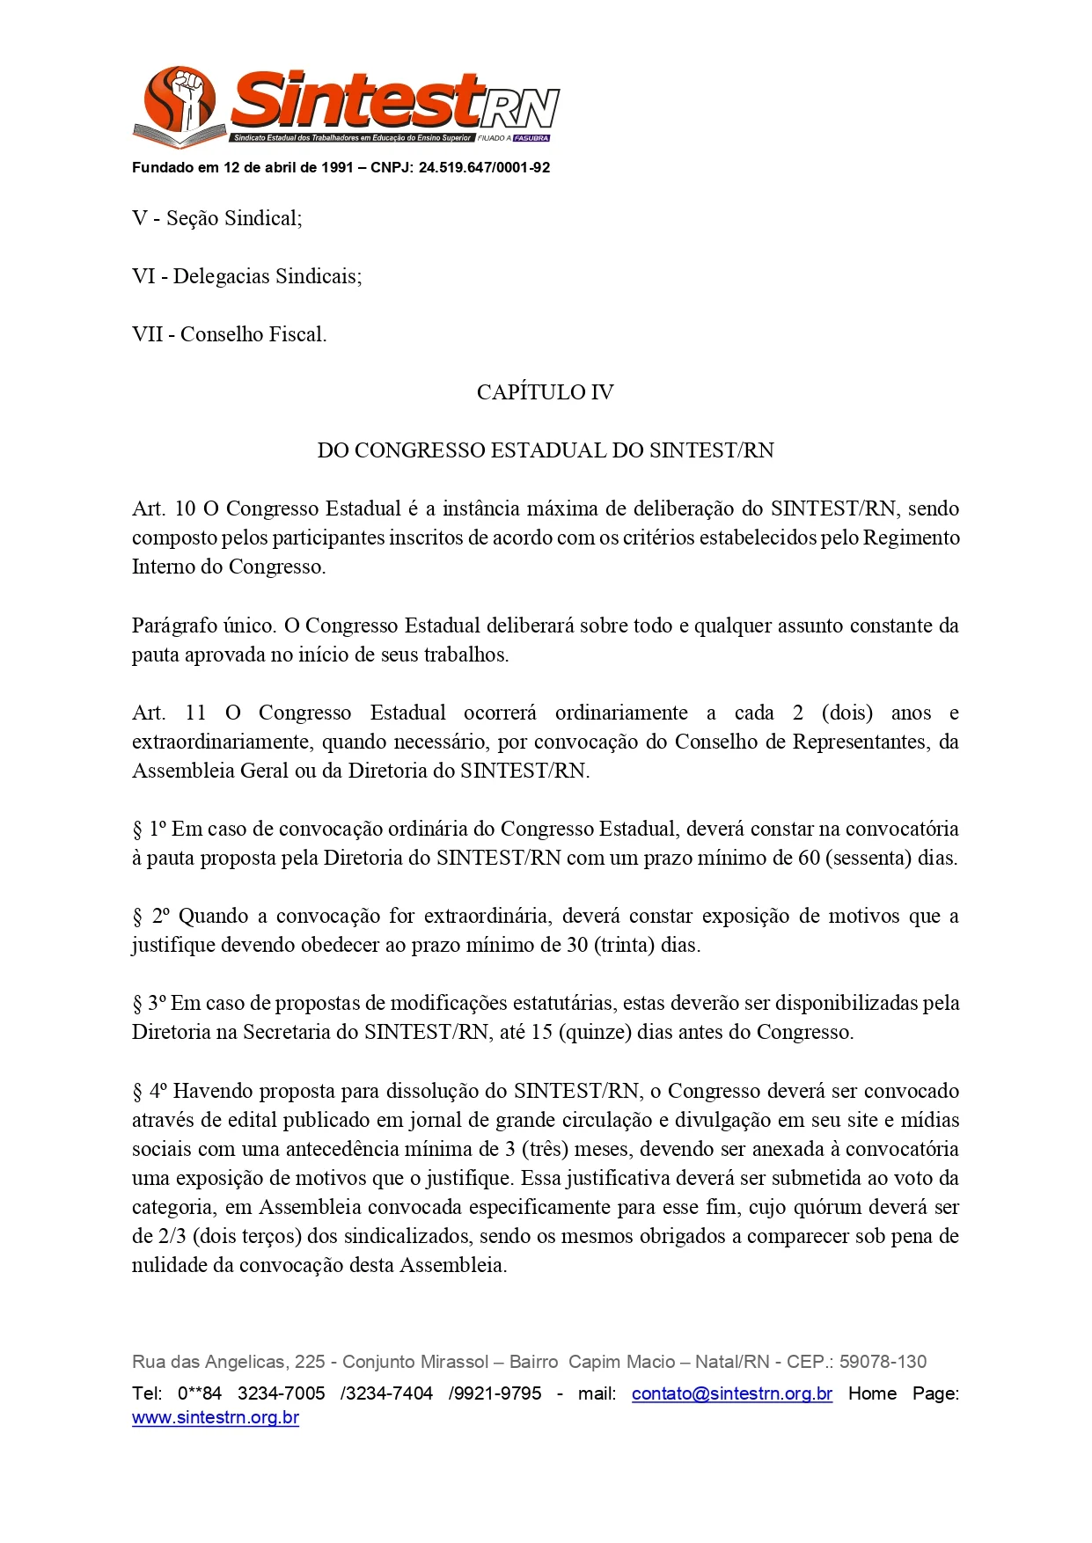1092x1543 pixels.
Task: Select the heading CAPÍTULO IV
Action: point(545,392)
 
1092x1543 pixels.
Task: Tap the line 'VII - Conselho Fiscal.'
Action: point(229,334)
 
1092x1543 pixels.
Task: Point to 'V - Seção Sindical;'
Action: point(216,218)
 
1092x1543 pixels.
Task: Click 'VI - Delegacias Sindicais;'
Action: point(246,276)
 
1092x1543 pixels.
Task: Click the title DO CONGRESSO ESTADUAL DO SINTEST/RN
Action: point(545,450)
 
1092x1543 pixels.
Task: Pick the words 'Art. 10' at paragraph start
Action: point(164,508)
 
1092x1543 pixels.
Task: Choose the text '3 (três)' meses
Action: point(549,1149)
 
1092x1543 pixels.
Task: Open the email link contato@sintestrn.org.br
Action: point(731,1393)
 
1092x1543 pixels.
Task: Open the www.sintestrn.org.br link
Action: point(216,1417)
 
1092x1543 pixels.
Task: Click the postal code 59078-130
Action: point(883,1362)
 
